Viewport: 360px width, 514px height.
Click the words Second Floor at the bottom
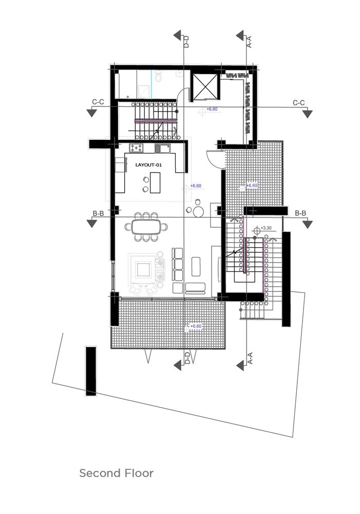click(x=116, y=473)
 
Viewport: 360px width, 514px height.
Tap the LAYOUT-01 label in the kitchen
click(x=148, y=165)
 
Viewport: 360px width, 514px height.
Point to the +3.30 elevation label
click(x=266, y=228)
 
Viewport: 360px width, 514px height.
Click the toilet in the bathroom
click(x=159, y=77)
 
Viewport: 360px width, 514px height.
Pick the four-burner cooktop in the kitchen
click(x=137, y=148)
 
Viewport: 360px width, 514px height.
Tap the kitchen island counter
click(x=155, y=182)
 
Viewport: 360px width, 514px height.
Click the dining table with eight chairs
click(x=146, y=227)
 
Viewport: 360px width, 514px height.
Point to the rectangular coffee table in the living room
click(x=196, y=266)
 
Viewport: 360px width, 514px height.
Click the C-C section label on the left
click(x=98, y=102)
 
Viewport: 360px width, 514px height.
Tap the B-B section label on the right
click(x=300, y=213)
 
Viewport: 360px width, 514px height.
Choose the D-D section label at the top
click(x=186, y=42)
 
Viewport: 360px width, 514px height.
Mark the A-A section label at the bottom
click(x=250, y=358)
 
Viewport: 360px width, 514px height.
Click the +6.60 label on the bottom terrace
click(x=196, y=326)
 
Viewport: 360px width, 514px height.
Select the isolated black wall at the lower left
click(x=91, y=371)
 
